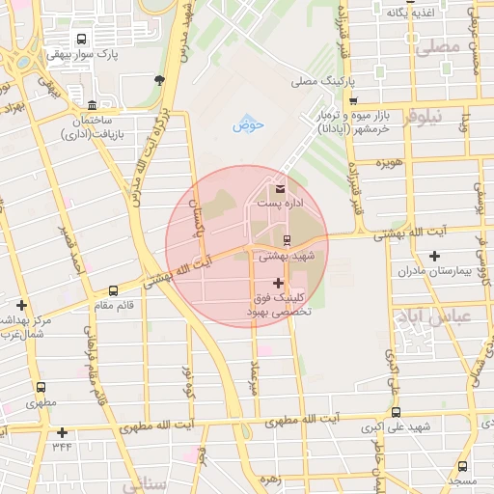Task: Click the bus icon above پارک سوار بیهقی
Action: click(x=81, y=41)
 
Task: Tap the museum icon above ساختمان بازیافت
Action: click(x=92, y=104)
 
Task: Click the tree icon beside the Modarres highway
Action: click(x=159, y=81)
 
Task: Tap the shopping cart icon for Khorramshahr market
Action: click(x=353, y=101)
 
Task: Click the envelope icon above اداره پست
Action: click(x=281, y=187)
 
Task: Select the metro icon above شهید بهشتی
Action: click(x=287, y=239)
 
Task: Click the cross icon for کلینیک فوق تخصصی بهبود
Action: click(x=280, y=283)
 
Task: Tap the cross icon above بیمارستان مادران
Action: click(x=436, y=256)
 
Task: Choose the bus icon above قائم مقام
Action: click(x=114, y=289)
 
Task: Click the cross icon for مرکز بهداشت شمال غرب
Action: click(x=21, y=305)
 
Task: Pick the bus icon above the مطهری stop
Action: click(x=40, y=387)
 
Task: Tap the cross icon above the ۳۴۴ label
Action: click(x=63, y=432)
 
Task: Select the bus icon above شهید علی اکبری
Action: click(x=392, y=409)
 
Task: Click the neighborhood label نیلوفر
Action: click(x=423, y=116)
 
